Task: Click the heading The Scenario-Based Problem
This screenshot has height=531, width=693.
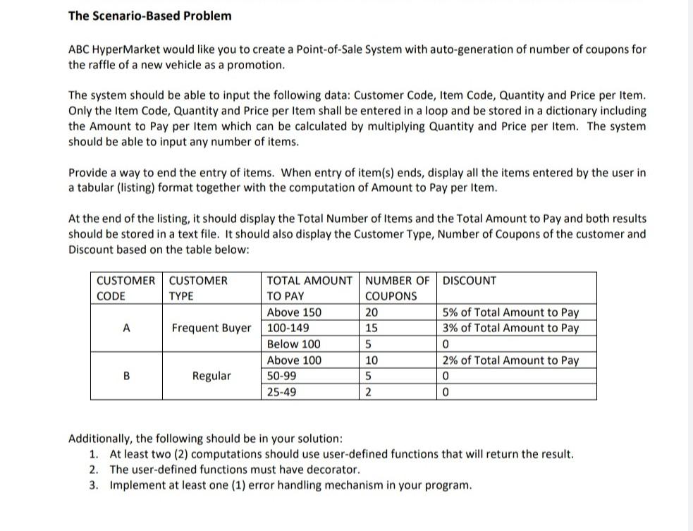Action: [149, 16]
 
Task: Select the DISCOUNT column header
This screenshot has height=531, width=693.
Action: [469, 281]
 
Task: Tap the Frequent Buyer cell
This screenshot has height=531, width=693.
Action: [211, 328]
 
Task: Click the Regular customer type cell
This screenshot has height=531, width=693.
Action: [211, 376]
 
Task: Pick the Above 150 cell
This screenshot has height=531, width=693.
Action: [294, 312]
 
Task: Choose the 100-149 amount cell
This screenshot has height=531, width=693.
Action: [288, 328]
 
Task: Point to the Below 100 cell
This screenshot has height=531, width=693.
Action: [293, 344]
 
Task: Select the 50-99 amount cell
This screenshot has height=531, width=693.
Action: [283, 376]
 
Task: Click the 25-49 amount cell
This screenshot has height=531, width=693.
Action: [282, 391]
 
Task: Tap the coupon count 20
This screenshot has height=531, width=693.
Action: [372, 312]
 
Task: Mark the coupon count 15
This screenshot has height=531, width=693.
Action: [372, 328]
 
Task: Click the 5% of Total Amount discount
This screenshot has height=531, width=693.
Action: [510, 312]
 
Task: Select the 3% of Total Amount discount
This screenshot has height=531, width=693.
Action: [510, 328]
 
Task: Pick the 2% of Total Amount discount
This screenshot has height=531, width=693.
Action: [510, 360]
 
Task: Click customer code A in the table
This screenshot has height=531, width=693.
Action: [125, 328]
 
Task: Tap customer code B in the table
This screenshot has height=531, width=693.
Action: [126, 376]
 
